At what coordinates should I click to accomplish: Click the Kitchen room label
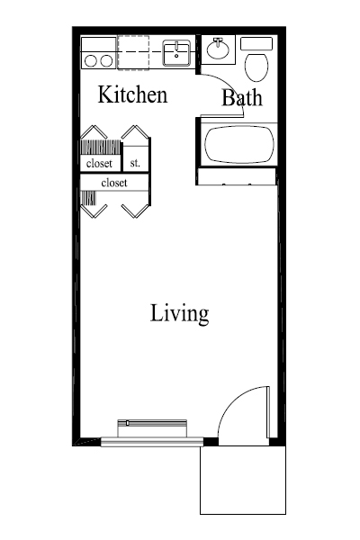[132, 94]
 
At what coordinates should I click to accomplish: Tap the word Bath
[241, 98]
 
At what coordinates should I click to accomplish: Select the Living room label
[179, 314]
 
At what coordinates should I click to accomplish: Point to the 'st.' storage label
[134, 163]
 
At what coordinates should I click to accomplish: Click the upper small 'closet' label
[99, 164]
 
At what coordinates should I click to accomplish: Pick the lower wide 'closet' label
[113, 183]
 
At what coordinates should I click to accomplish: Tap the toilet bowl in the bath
[256, 66]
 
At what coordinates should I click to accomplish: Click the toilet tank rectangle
[257, 43]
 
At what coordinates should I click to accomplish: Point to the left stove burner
[89, 60]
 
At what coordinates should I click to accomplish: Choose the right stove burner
[105, 60]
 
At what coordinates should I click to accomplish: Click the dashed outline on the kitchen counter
[133, 51]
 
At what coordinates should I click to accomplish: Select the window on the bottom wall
[151, 440]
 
